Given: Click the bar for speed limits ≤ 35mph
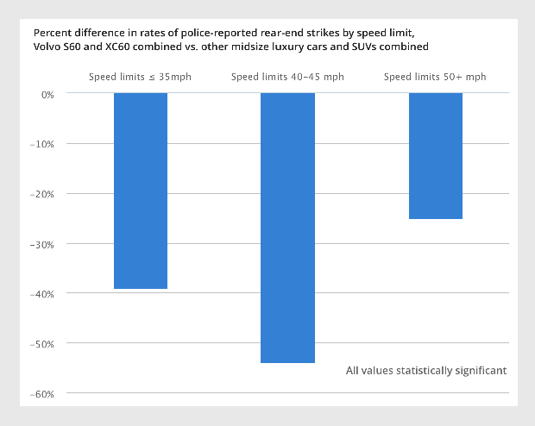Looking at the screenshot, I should point(141,191).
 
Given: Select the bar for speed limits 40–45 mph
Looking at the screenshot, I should point(287,228).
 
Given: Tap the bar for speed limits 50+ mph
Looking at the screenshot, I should point(435,156).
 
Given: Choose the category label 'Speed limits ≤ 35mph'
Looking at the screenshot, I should point(140,77).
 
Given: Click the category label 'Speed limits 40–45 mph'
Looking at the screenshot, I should point(287,77).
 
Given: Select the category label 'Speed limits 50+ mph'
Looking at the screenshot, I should point(435,77).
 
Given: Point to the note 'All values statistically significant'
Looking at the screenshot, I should point(426,371).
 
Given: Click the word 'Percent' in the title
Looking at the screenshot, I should point(52,31).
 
